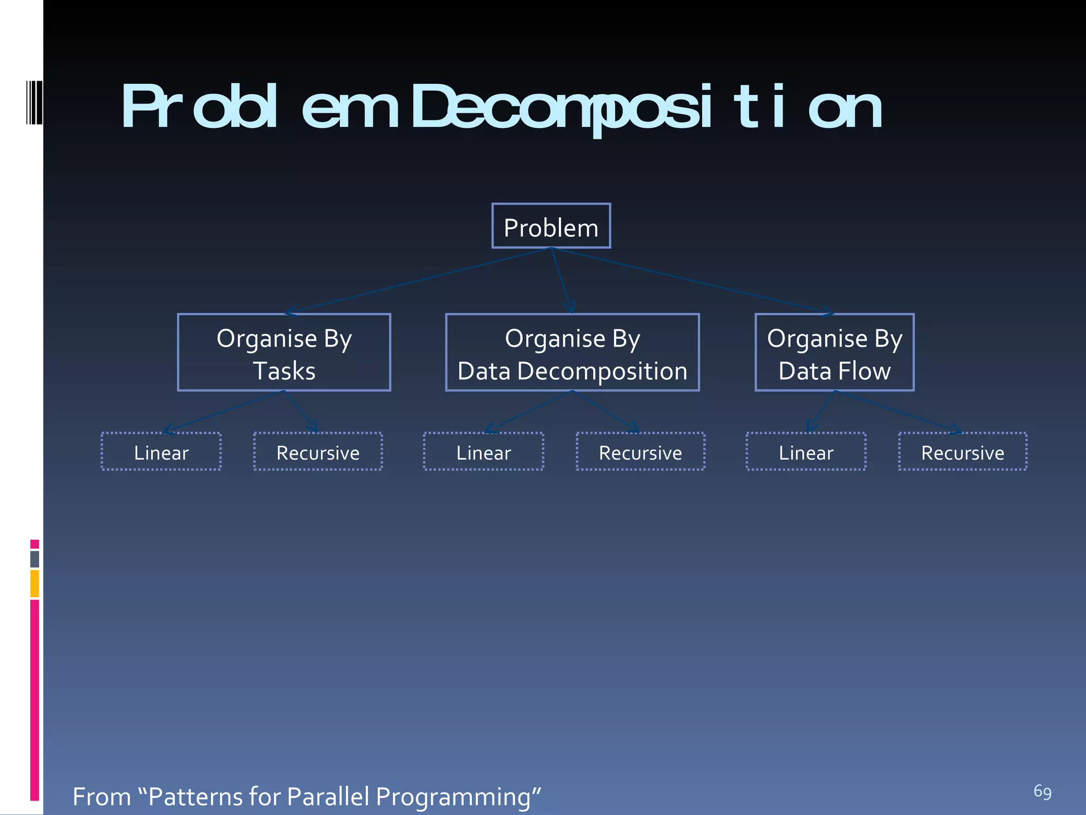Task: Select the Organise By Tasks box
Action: click(x=284, y=352)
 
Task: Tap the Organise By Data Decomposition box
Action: click(x=572, y=352)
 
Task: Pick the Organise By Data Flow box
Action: click(x=834, y=352)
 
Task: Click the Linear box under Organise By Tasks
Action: click(x=161, y=452)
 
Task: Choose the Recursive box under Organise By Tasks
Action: click(x=318, y=452)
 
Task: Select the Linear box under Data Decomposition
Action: click(x=483, y=452)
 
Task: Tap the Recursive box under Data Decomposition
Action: click(x=640, y=452)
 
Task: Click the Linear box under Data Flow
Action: click(x=805, y=452)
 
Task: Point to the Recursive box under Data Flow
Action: click(x=962, y=452)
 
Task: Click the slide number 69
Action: click(x=1042, y=792)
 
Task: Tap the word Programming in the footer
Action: click(x=453, y=797)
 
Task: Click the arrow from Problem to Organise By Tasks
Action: click(x=419, y=281)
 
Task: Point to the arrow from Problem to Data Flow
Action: click(x=692, y=281)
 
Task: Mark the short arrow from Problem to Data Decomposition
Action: click(x=560, y=281)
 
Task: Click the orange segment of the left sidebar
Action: click(x=34, y=583)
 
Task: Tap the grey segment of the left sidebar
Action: click(x=34, y=559)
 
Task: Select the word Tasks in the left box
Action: click(x=284, y=371)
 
